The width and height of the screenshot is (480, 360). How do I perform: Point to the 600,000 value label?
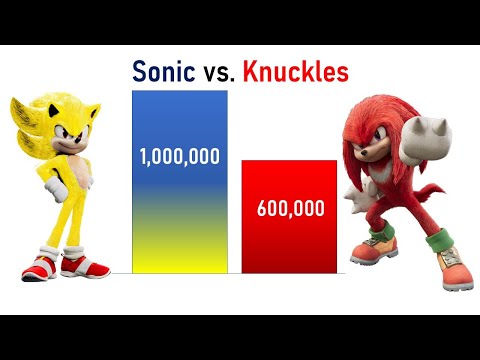point(290,209)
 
